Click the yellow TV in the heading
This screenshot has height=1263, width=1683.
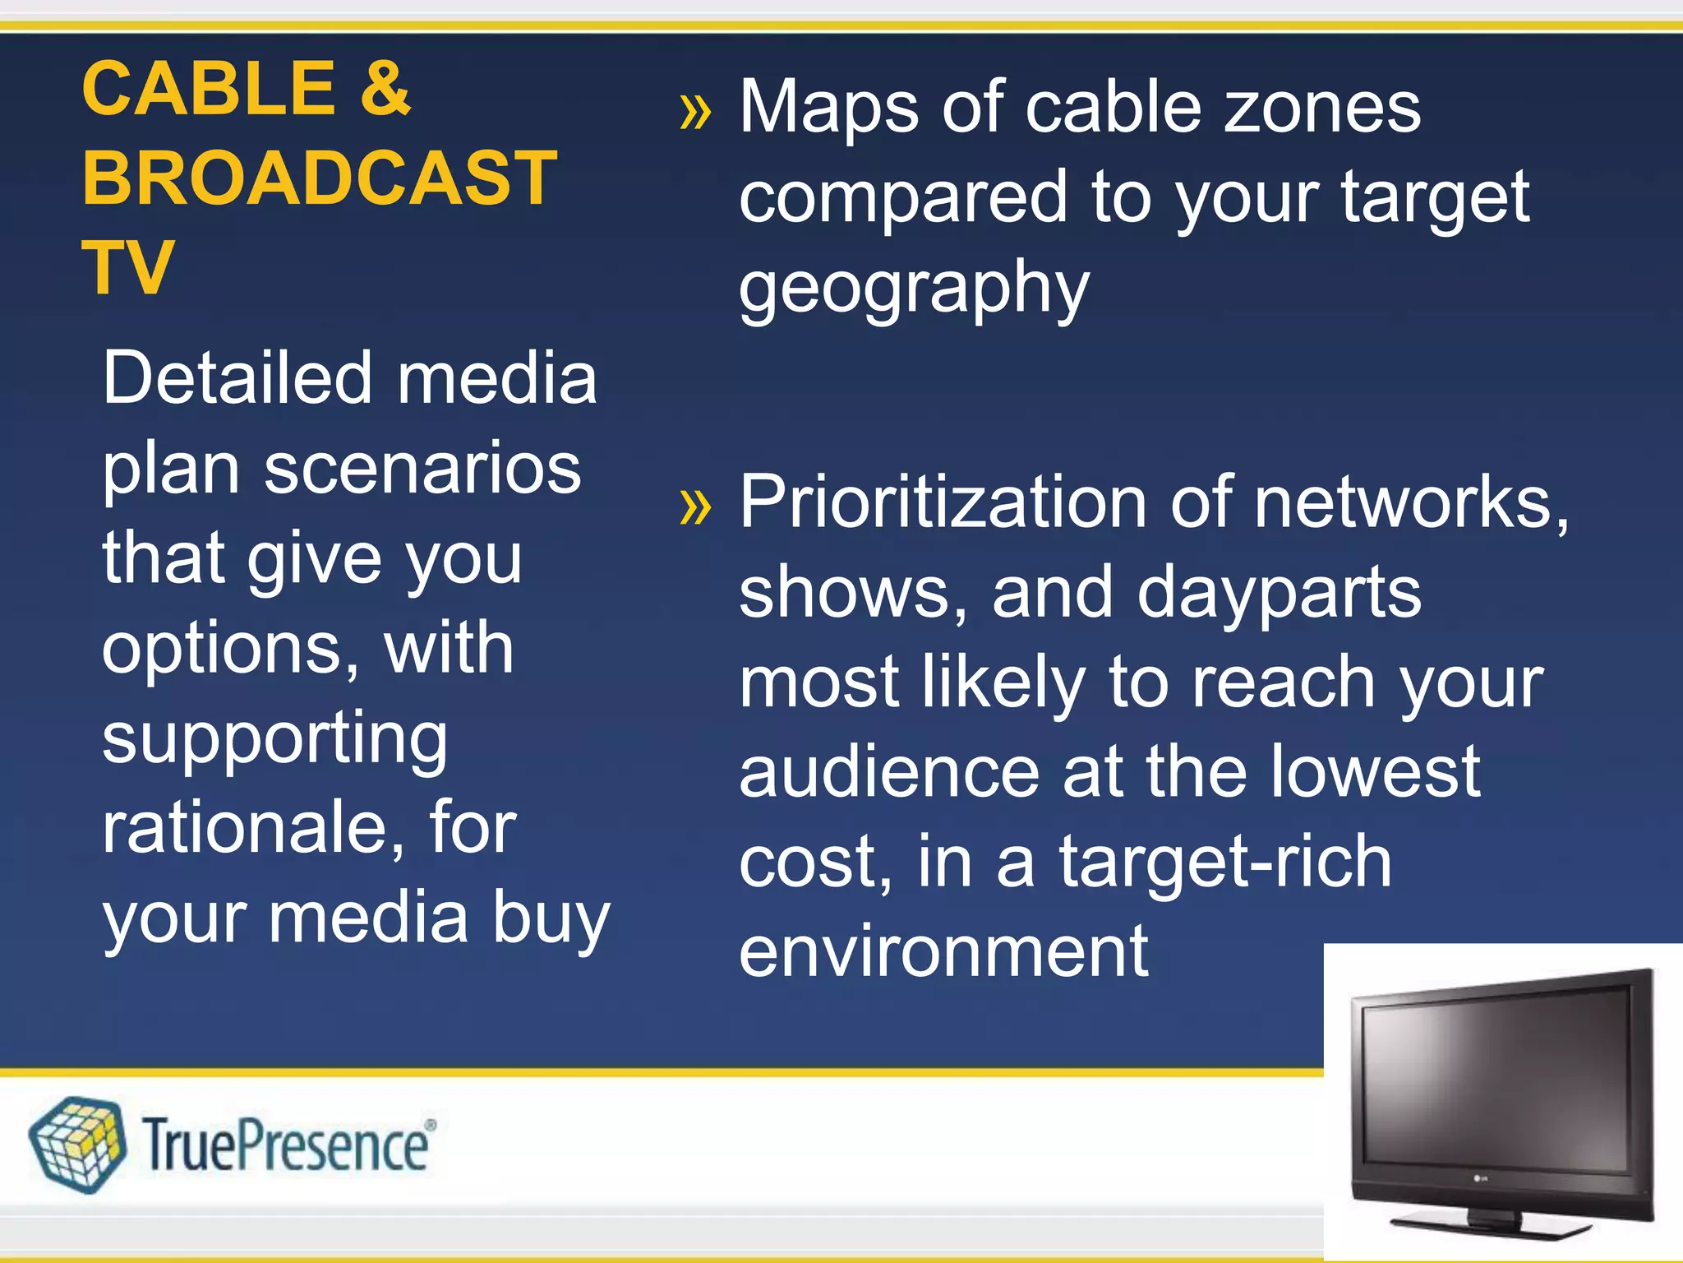tap(127, 267)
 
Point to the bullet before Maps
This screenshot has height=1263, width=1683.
tap(695, 112)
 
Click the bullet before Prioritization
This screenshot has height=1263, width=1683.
tap(695, 507)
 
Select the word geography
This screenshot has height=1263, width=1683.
tap(914, 289)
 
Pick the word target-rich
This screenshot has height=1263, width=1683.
tap(1224, 862)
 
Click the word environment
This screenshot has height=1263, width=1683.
tap(943, 951)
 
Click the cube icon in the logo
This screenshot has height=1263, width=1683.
tap(77, 1144)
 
